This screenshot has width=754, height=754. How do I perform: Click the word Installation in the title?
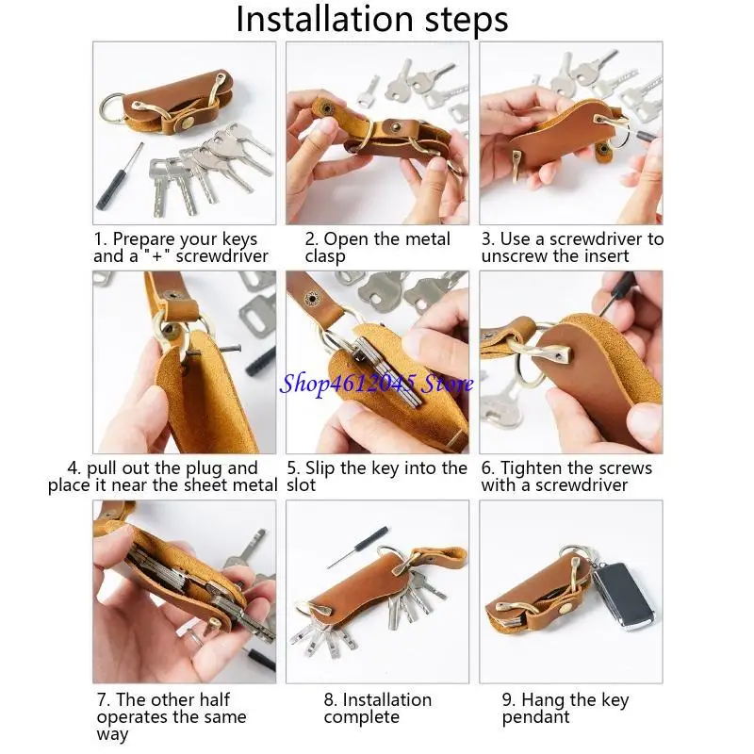324,19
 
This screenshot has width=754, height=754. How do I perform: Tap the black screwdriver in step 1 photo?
120,176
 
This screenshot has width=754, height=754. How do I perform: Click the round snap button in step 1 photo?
185,123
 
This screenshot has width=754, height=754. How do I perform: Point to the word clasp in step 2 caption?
325,256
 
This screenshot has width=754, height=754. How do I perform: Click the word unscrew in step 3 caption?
515,255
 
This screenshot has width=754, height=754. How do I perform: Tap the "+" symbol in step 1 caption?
157,255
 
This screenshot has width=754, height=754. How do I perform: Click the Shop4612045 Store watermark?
376,385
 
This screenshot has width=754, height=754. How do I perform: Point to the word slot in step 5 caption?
301,485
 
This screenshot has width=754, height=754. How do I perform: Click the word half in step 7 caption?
214,699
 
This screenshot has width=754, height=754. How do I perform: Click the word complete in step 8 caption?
362,718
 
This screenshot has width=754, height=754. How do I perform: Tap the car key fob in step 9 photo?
622,597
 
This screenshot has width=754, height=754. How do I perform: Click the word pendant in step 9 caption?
535,717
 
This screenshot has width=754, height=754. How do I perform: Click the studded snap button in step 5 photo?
313,299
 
